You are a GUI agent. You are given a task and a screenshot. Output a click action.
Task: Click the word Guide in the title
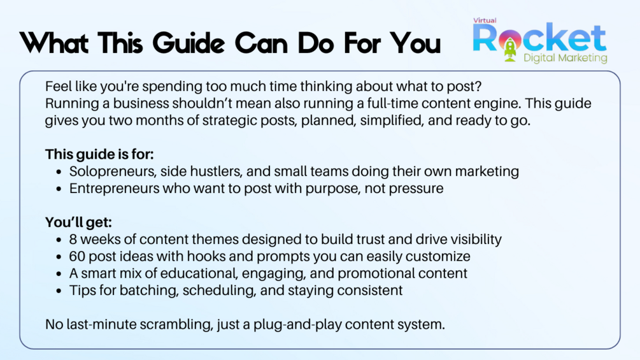[x=189, y=43]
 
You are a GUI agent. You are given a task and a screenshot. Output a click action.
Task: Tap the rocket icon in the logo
[x=510, y=50]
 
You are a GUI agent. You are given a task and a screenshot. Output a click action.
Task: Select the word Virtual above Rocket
[x=485, y=20]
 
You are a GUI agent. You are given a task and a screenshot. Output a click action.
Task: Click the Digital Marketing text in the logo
[x=565, y=58]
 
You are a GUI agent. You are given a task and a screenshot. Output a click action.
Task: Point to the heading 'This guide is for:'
[x=99, y=154]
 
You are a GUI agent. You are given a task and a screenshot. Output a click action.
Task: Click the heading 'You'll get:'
[x=78, y=222]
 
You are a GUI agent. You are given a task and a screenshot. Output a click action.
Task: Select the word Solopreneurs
[x=113, y=171]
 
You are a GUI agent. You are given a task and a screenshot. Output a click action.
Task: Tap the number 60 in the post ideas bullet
[x=76, y=256]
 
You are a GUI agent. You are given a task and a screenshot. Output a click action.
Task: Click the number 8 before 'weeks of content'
[x=73, y=239]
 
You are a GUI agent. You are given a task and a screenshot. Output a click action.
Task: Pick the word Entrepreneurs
[x=114, y=189]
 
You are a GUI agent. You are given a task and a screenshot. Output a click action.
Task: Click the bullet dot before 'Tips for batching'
[x=59, y=291]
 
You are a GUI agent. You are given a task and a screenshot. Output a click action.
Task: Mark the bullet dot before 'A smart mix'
[x=59, y=274]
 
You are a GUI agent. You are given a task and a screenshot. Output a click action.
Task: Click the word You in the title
[x=415, y=43]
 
